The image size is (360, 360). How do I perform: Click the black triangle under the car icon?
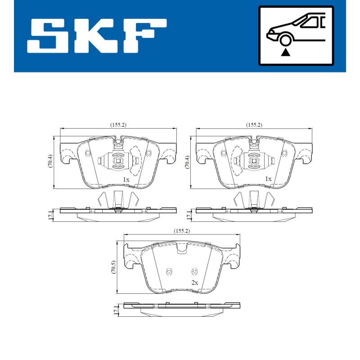(285, 53)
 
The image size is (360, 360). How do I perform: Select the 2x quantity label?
(194, 283)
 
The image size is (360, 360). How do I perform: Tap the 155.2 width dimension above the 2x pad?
(182, 231)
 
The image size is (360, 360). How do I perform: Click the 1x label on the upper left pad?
(126, 179)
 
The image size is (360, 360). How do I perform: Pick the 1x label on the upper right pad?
(268, 179)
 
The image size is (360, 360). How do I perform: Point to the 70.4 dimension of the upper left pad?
(50, 162)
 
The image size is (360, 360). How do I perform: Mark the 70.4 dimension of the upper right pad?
(187, 162)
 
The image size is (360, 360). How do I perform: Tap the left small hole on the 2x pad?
(169, 271)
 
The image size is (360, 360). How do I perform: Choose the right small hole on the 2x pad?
(194, 271)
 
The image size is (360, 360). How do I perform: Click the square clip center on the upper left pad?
(118, 160)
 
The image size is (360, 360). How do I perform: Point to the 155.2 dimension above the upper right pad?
(254, 125)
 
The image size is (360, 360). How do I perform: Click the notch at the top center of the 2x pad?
(182, 249)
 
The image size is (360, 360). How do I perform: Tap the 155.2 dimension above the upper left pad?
(118, 125)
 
